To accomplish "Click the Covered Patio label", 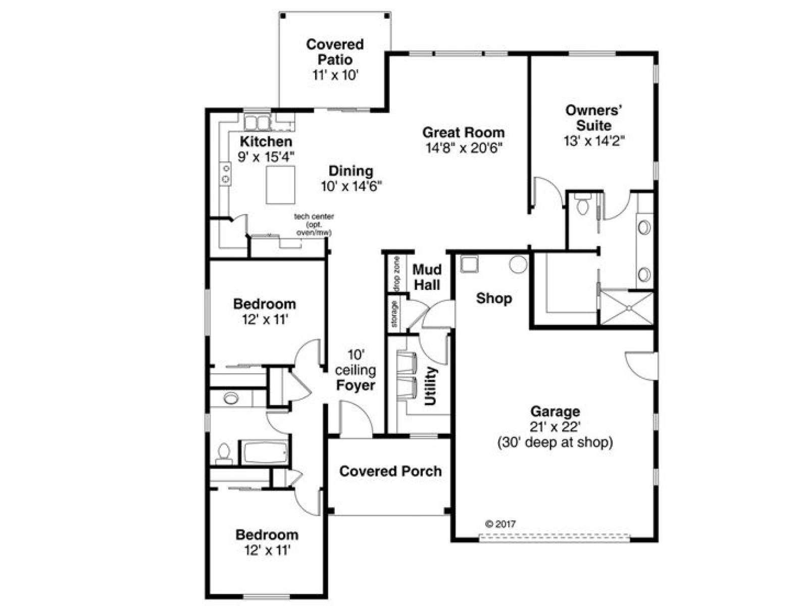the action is (335, 52).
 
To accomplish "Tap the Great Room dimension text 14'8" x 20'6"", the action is (464, 148).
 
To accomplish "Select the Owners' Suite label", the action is (594, 118).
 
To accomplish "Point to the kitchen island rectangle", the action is (280, 185).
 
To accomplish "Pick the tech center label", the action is (314, 216).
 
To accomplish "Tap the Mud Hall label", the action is (427, 277).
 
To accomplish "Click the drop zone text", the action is (396, 274).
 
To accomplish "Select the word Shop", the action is (493, 298).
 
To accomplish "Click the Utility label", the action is (430, 386).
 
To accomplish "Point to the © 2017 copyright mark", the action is (500, 524).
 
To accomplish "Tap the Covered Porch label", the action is (390, 471).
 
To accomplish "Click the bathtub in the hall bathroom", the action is (264, 452).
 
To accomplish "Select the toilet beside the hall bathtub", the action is (223, 454).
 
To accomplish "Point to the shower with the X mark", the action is (627, 309).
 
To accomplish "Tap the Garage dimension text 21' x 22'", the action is (555, 427).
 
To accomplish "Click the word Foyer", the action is (355, 385).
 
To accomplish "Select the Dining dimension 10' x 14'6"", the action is (351, 186).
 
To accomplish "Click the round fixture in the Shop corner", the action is (518, 264).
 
